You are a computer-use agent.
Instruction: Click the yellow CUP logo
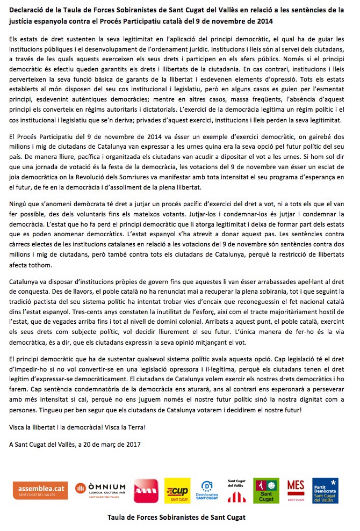[x=177, y=490]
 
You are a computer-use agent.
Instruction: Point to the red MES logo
[x=296, y=490]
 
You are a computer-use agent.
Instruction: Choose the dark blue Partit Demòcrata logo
[x=326, y=490]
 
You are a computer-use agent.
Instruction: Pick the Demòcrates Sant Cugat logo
[x=206, y=490]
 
